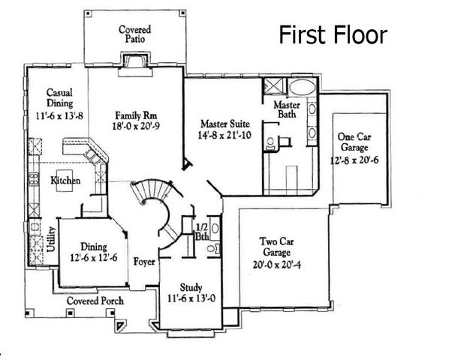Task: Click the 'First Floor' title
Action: click(x=333, y=34)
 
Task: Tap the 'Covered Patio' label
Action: click(x=135, y=34)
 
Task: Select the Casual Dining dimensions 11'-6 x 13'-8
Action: click(x=54, y=116)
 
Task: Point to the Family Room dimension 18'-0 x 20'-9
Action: click(x=134, y=127)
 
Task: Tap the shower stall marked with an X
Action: click(x=271, y=85)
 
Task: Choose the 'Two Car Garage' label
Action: click(x=276, y=247)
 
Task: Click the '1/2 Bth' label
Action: click(x=201, y=231)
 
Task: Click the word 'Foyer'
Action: click(x=144, y=262)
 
